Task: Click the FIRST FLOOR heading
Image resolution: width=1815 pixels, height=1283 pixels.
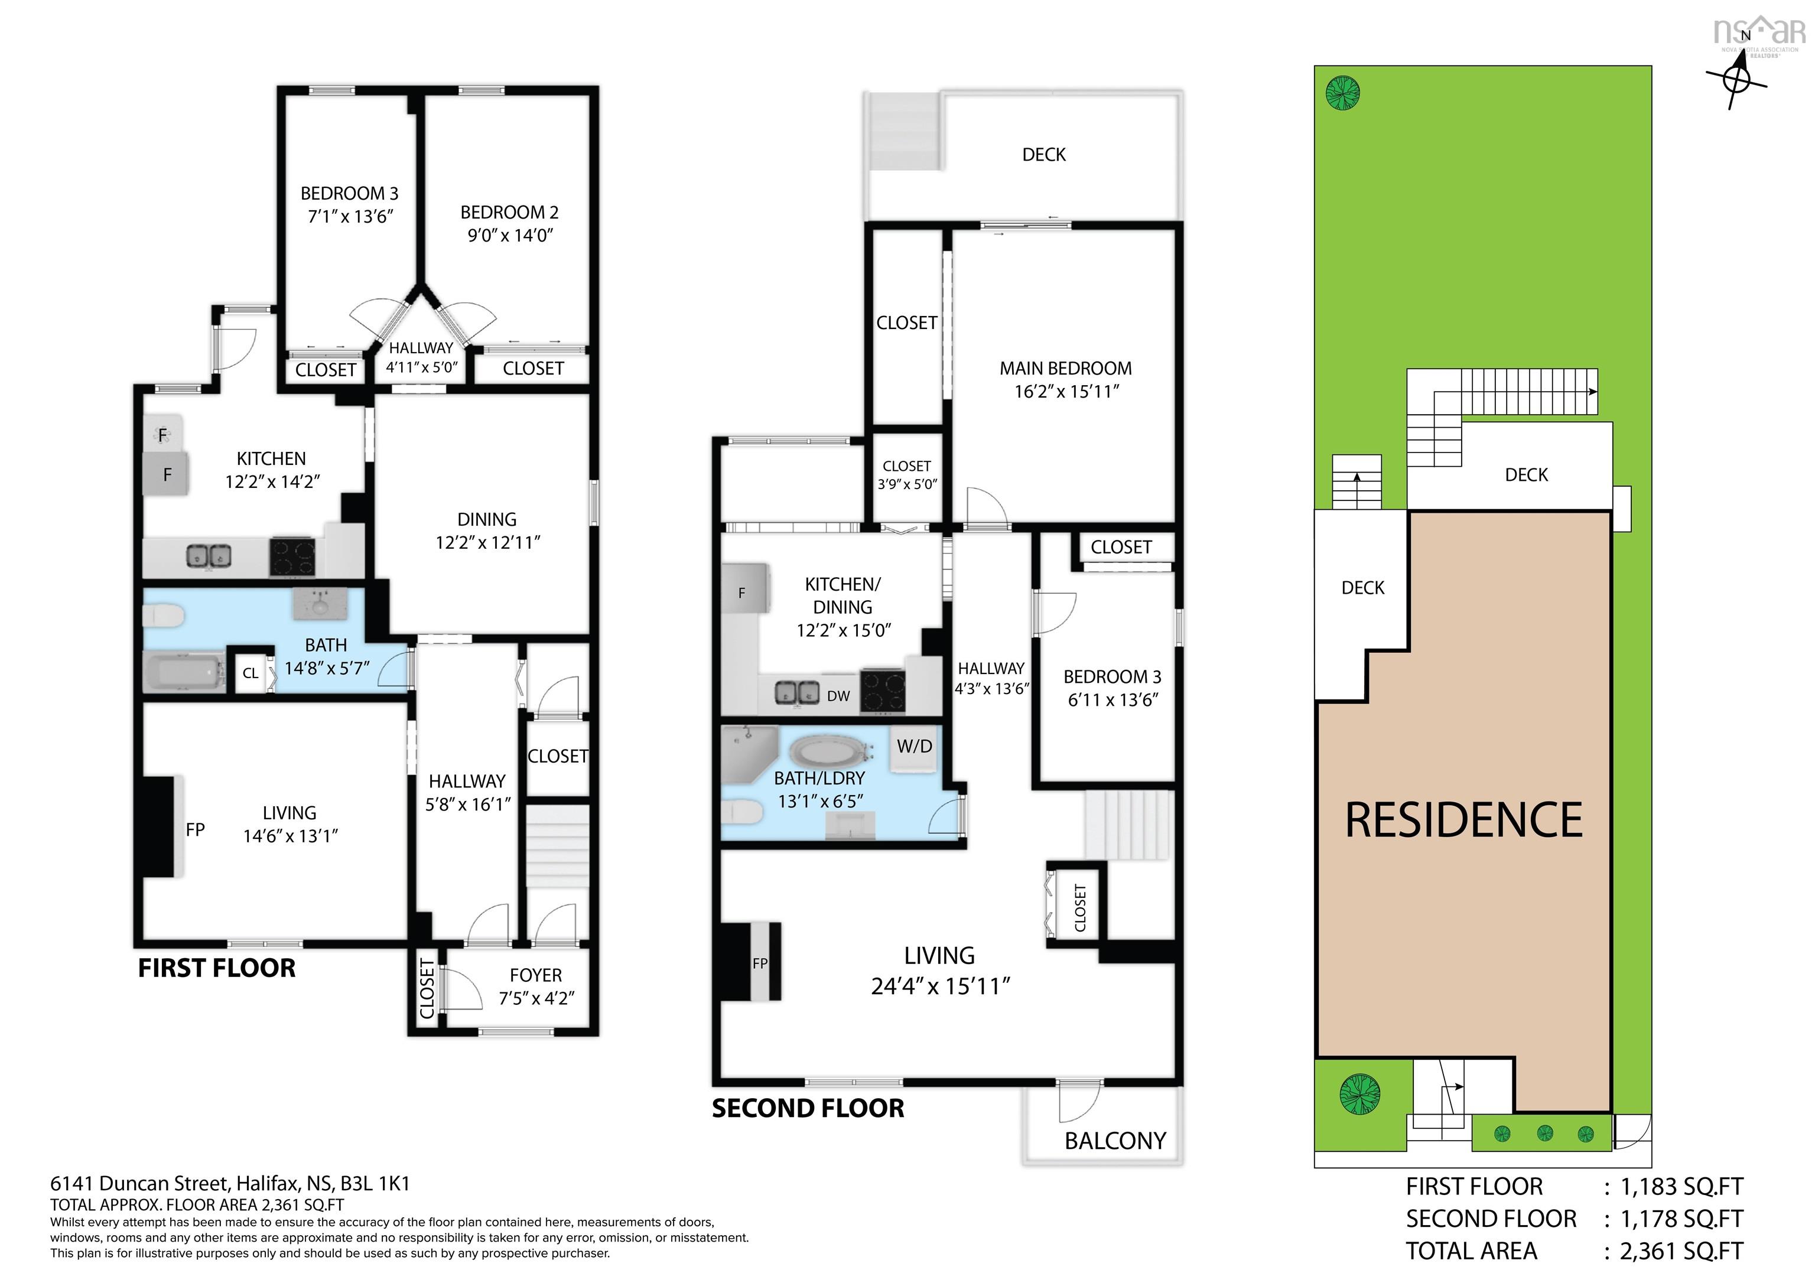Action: point(217,968)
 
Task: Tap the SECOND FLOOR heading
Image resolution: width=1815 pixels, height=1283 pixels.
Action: point(808,1108)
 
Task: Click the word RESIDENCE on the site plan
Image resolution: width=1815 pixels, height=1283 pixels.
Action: point(1464,820)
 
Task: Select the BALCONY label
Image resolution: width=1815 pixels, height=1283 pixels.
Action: point(1115,1141)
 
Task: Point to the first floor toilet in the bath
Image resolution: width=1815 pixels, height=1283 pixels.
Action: point(164,616)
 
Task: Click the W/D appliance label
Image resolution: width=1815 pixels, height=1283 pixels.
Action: point(915,746)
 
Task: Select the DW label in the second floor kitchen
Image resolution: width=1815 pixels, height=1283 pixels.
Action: point(839,696)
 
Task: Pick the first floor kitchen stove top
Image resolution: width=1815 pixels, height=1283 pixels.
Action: point(292,556)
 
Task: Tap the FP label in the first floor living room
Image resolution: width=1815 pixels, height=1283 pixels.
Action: point(195,829)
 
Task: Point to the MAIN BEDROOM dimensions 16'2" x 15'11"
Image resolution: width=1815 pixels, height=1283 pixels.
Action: point(1066,391)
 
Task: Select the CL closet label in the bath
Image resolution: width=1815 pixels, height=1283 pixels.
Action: point(251,673)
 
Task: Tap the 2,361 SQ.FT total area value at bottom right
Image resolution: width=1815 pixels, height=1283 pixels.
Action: point(1681,1251)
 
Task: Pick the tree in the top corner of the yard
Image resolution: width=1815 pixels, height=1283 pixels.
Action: point(1343,93)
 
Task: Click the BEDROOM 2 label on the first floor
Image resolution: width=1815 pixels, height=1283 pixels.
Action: point(510,213)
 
